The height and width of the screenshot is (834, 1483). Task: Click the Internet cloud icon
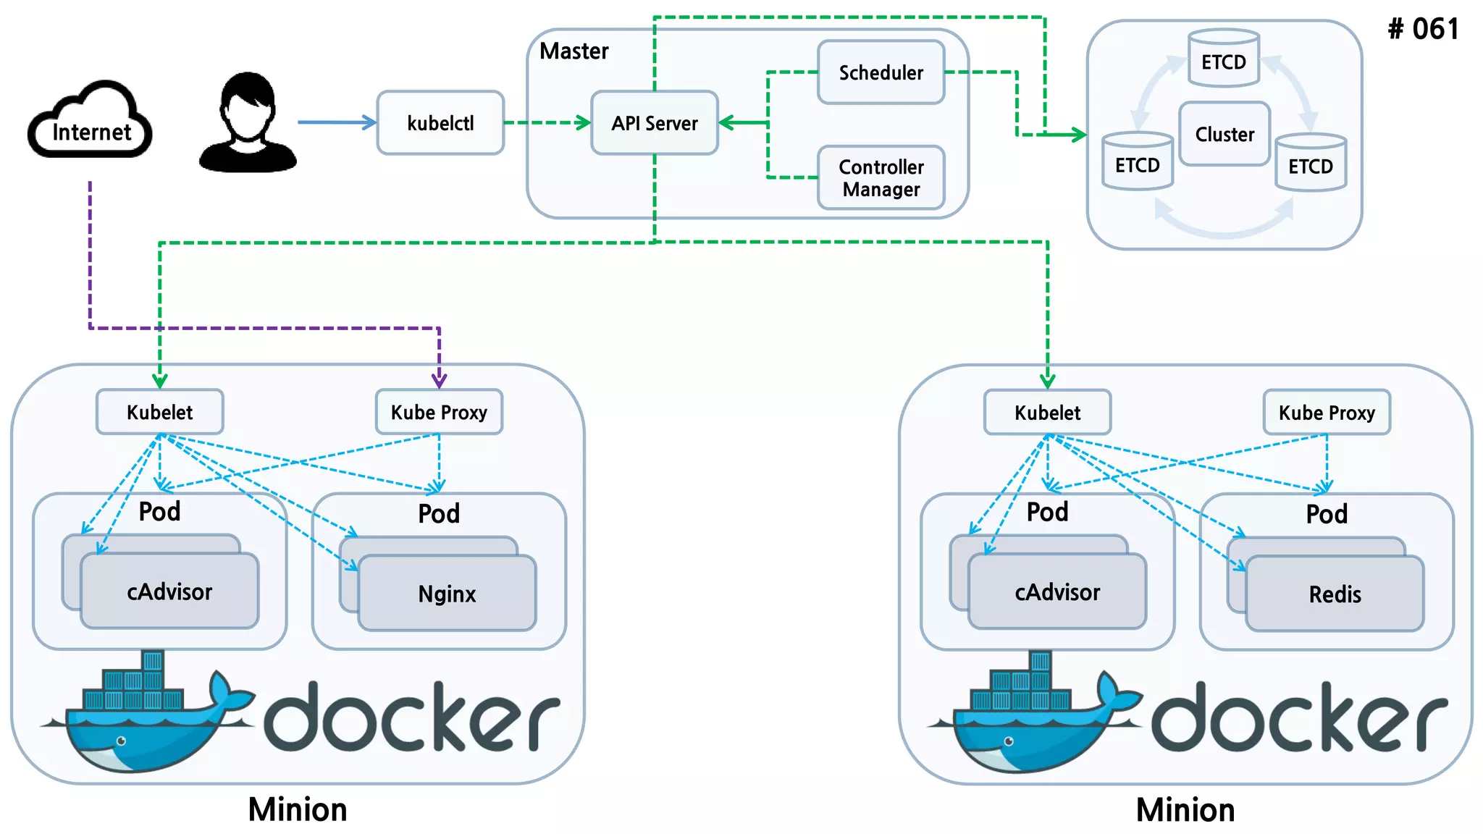[91, 122]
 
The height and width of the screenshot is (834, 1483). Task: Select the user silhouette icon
[248, 123]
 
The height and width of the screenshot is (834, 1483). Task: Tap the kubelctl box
[440, 123]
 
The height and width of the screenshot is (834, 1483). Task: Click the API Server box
[655, 123]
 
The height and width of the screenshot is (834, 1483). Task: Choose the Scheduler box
[881, 72]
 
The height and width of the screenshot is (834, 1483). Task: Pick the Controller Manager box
[881, 178]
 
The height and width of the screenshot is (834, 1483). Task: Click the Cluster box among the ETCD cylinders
[1224, 134]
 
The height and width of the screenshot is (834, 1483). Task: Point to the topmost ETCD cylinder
[1224, 59]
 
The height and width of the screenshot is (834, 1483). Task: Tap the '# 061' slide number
[1423, 29]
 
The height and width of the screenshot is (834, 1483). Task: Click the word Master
[574, 51]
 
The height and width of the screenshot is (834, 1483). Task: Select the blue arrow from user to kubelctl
[337, 122]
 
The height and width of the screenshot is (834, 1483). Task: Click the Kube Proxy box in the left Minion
[439, 412]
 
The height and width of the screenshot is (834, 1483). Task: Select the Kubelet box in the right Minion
[1047, 413]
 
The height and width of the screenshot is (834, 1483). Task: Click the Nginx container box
[447, 594]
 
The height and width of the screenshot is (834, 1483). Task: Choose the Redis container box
[1335, 594]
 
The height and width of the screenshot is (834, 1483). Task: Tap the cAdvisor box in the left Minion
[169, 591]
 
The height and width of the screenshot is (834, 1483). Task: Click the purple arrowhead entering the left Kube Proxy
[439, 380]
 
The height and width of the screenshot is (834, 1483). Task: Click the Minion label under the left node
[298, 809]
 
